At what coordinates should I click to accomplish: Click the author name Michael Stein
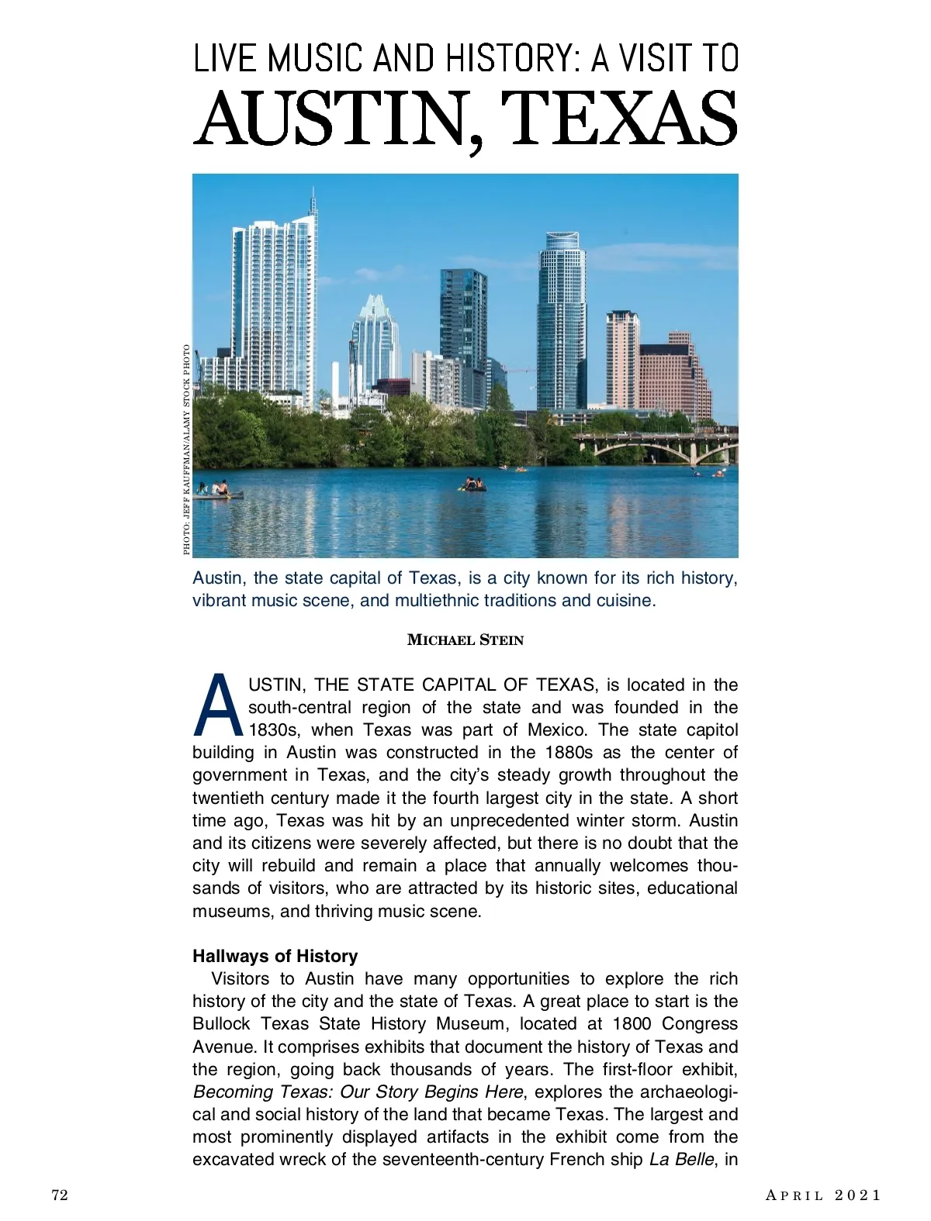tap(465, 640)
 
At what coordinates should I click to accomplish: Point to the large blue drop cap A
tap(219, 706)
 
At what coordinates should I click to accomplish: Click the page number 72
tap(60, 1195)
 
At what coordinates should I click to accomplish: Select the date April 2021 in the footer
tap(823, 1195)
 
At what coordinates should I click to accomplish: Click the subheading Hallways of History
tap(275, 956)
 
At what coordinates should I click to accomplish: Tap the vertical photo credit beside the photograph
tap(186, 450)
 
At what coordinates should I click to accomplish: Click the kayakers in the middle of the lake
tap(472, 485)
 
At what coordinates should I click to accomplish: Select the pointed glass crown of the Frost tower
tap(374, 307)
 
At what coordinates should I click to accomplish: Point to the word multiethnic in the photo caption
tap(437, 601)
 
